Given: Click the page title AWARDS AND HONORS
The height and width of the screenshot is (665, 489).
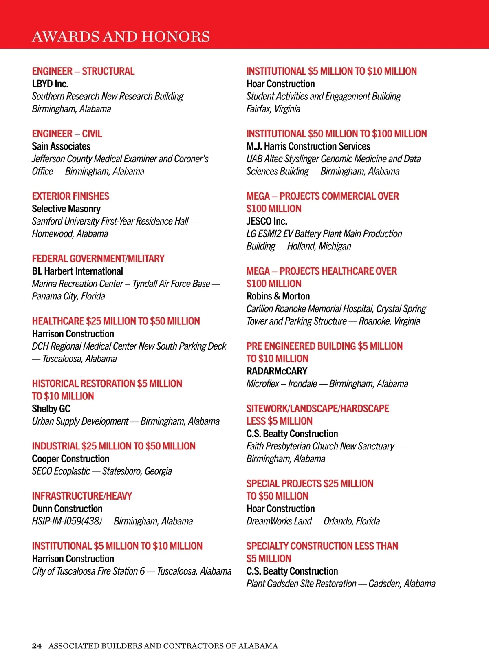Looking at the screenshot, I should pyautogui.click(x=121, y=37).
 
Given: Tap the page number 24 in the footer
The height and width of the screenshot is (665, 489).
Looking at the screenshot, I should pyautogui.click(x=37, y=646).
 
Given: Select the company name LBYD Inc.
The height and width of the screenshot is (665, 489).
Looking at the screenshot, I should pyautogui.click(x=50, y=84).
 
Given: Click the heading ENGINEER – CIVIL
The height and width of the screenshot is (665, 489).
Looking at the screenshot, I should pyautogui.click(x=67, y=134).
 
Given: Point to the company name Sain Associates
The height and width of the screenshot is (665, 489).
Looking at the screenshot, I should pyautogui.click(x=61, y=146).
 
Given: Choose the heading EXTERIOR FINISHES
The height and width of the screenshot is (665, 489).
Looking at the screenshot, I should pyautogui.click(x=70, y=196).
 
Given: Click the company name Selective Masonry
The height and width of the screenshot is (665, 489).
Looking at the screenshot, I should pyautogui.click(x=66, y=209).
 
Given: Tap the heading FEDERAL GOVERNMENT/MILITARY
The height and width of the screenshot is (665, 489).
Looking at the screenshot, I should pyautogui.click(x=98, y=259).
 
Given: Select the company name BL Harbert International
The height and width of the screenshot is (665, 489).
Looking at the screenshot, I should pyautogui.click(x=77, y=271).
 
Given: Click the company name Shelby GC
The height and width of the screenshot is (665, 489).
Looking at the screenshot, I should pyautogui.click(x=51, y=409).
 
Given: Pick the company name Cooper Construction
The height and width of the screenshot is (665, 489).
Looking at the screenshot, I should pyautogui.click(x=71, y=459).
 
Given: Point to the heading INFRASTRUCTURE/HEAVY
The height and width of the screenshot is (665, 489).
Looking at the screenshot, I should pyautogui.click(x=82, y=496).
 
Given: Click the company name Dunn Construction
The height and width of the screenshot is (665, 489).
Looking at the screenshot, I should pyautogui.click(x=67, y=509).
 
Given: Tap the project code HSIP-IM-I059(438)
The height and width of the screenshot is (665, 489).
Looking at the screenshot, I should pyautogui.click(x=67, y=522).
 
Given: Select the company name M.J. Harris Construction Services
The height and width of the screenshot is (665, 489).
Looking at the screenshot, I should pyautogui.click(x=308, y=146).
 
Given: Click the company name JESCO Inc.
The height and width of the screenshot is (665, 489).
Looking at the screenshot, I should pyautogui.click(x=267, y=221).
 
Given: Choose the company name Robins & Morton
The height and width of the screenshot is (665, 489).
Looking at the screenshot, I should pyautogui.click(x=278, y=296).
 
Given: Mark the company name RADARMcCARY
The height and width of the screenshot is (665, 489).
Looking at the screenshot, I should pyautogui.click(x=277, y=371).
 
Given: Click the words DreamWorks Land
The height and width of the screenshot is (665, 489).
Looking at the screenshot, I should pyautogui.click(x=279, y=522).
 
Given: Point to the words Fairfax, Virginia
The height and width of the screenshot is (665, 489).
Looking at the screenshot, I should pyautogui.click(x=273, y=109).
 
